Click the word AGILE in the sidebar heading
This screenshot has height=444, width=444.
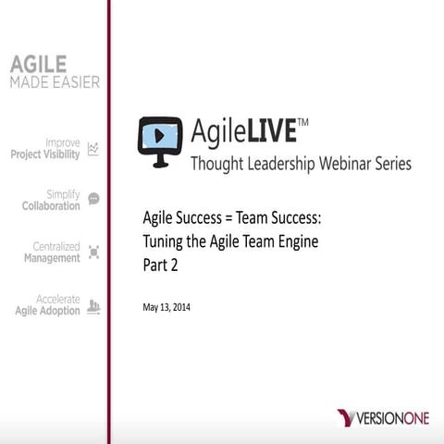pyautogui.click(x=38, y=64)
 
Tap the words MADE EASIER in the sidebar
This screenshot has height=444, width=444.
pyautogui.click(x=55, y=82)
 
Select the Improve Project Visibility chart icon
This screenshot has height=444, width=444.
pyautogui.click(x=93, y=149)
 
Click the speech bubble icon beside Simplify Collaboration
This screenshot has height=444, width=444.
pyautogui.click(x=93, y=199)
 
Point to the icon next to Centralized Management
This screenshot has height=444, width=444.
pyautogui.click(x=93, y=252)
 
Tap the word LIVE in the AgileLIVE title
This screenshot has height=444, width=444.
pyautogui.click(x=271, y=131)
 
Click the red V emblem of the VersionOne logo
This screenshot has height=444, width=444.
pyautogui.click(x=347, y=418)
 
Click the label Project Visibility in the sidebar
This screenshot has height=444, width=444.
pyautogui.click(x=44, y=154)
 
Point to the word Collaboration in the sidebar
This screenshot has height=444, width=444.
pyautogui.click(x=51, y=205)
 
